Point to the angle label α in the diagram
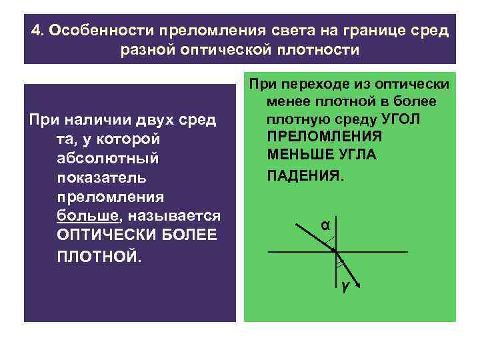point(325,225)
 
